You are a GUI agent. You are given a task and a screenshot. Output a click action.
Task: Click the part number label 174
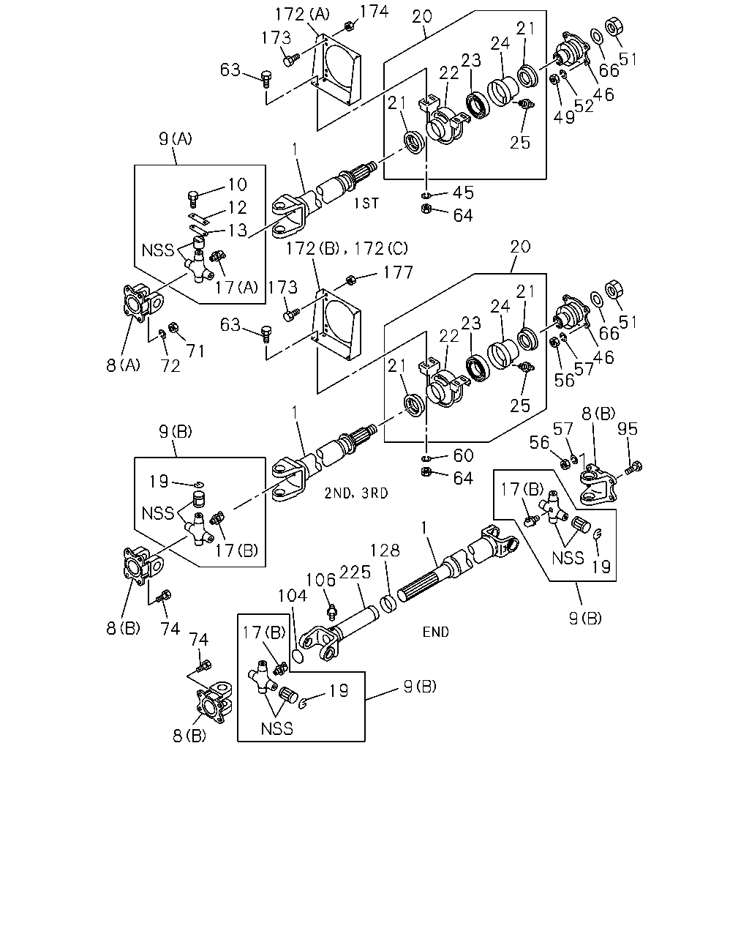[x=374, y=12]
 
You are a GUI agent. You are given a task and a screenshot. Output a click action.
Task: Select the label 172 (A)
[x=303, y=15]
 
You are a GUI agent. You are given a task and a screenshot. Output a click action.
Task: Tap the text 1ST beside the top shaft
[x=366, y=204]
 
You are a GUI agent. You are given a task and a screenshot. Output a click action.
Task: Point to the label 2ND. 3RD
[x=356, y=493]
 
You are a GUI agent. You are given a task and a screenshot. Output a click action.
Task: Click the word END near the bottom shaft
[x=436, y=632]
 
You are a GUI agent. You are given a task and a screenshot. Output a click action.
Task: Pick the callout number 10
[x=238, y=184]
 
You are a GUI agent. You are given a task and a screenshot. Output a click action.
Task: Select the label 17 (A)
[x=236, y=288]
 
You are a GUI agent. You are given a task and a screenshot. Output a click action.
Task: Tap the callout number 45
[x=463, y=193]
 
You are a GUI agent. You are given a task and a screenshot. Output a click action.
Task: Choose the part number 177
[x=398, y=273]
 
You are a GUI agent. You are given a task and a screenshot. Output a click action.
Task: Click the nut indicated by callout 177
[x=350, y=281]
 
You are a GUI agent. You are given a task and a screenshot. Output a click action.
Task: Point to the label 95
[x=627, y=429]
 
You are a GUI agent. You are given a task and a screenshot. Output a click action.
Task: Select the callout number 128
[x=385, y=550]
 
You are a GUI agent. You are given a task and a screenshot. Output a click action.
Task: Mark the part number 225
[x=355, y=572]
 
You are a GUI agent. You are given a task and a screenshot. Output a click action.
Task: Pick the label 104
[x=293, y=595]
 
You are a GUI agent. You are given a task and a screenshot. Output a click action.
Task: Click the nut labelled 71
[x=173, y=326]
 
